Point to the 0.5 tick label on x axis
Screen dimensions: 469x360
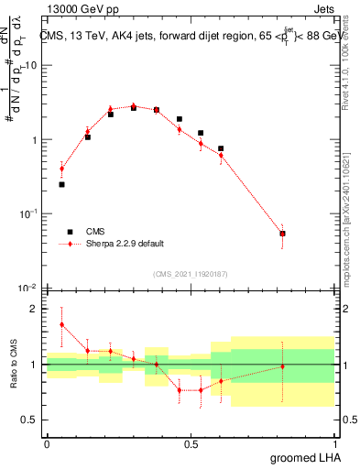(190, 443)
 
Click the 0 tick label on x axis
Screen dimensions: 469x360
(47, 443)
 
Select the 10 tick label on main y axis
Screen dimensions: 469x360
(30, 66)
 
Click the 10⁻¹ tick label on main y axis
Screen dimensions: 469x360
(27, 213)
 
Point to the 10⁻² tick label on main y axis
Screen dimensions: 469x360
(27, 288)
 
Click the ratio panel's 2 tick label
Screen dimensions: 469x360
(36, 309)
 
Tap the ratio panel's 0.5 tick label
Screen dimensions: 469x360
(31, 420)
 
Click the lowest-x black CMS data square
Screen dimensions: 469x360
(61, 184)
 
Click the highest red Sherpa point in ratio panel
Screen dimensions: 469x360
(61, 324)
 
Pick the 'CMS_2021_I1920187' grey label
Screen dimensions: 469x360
(190, 272)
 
